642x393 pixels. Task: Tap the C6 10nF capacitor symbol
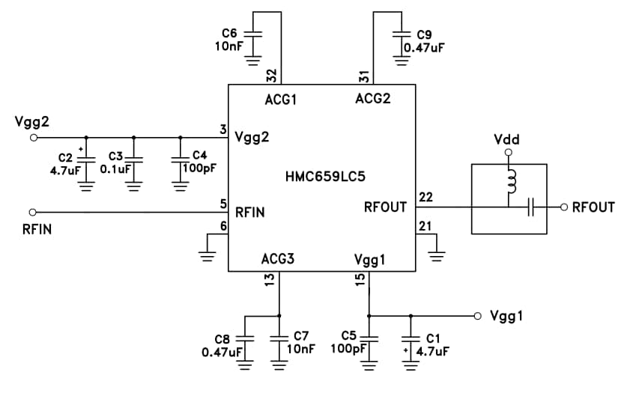[x=253, y=34]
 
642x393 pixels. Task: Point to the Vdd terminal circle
[x=508, y=153]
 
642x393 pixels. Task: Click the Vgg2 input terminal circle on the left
[x=33, y=138]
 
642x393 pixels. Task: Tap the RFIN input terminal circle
[x=33, y=212]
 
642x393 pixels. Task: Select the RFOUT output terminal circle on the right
[x=563, y=207]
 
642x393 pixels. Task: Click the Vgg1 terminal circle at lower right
[x=476, y=314]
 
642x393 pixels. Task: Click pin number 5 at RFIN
[x=223, y=204]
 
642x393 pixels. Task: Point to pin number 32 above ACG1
[x=272, y=75]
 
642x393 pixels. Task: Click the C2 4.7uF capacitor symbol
[x=86, y=159]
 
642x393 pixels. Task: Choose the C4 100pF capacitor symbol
[x=181, y=159]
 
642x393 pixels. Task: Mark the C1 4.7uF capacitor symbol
[x=411, y=338]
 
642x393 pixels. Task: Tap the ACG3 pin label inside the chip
[x=277, y=259]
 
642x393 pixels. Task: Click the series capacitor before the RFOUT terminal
[x=531, y=207]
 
